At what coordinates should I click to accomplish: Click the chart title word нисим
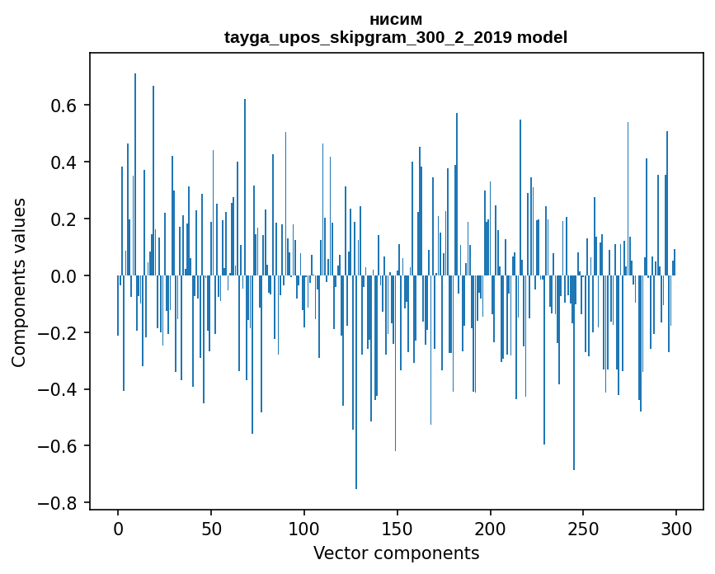tap(396, 20)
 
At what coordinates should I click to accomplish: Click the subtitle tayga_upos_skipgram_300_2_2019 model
tap(396, 37)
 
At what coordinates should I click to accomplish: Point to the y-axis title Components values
tap(19, 282)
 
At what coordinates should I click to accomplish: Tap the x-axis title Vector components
tap(396, 553)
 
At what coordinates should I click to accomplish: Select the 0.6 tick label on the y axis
tap(64, 106)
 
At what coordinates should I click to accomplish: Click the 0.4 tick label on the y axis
tap(64, 162)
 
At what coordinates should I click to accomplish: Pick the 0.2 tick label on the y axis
tap(64, 219)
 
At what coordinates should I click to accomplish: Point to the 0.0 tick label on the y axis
tap(64, 276)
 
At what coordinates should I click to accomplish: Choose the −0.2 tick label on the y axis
tap(59, 333)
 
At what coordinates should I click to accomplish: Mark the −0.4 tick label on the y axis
tap(59, 389)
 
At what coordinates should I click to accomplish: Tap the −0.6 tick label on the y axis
tap(59, 446)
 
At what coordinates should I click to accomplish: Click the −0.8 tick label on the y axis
tap(59, 503)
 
